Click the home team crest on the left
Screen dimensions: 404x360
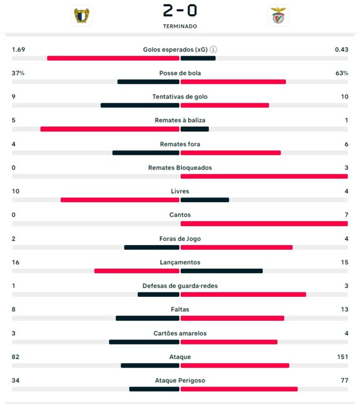pyautogui.click(x=82, y=15)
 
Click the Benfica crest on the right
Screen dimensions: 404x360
pyautogui.click(x=278, y=16)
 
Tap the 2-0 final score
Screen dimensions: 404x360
pyautogui.click(x=180, y=10)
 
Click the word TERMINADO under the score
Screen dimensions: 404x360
pyautogui.click(x=180, y=26)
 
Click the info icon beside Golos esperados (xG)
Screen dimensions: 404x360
pyautogui.click(x=213, y=49)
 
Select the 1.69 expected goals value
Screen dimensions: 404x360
pyautogui.click(x=19, y=49)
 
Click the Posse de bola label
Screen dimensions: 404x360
pyautogui.click(x=180, y=73)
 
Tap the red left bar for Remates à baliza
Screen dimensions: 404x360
pyautogui.click(x=110, y=129)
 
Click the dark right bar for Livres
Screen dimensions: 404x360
pyautogui.click(x=204, y=200)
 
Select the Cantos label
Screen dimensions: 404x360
pyautogui.click(x=180, y=215)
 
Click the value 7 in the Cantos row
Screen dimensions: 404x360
pyautogui.click(x=346, y=215)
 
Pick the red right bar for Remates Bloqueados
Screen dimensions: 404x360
pyautogui.click(x=264, y=176)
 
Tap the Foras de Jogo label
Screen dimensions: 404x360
pyautogui.click(x=180, y=238)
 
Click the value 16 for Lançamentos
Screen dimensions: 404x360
pyautogui.click(x=16, y=262)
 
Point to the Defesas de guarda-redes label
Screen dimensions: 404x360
pyautogui.click(x=180, y=286)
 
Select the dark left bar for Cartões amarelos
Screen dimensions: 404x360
pyautogui.click(x=144, y=342)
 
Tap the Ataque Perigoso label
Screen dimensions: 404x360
pyautogui.click(x=180, y=380)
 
